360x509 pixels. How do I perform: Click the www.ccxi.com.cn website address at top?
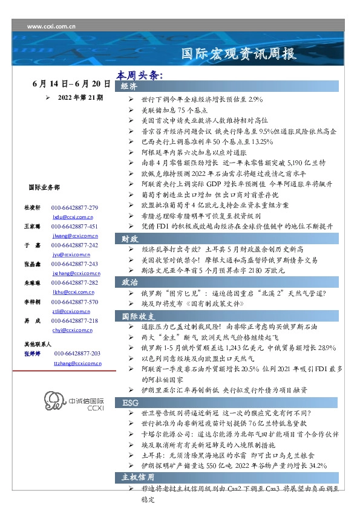(51, 27)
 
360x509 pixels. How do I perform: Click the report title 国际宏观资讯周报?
(239, 54)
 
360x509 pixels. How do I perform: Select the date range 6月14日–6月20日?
(71, 84)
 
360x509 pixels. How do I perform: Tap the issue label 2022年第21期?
(79, 97)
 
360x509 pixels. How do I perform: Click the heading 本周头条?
(139, 76)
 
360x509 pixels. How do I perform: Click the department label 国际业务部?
(44, 187)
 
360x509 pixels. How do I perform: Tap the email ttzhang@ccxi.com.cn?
(77, 363)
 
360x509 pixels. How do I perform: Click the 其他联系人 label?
(38, 343)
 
